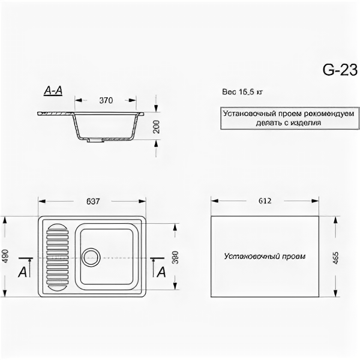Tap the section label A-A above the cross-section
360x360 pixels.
tap(53, 91)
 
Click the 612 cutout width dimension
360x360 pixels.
tap(265, 200)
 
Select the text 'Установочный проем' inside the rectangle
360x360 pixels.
tap(265, 256)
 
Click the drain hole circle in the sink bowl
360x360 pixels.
tap(91, 257)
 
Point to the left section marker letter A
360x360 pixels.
tap(22, 272)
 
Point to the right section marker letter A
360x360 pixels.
tap(161, 272)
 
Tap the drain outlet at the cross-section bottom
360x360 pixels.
tap(95, 141)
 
